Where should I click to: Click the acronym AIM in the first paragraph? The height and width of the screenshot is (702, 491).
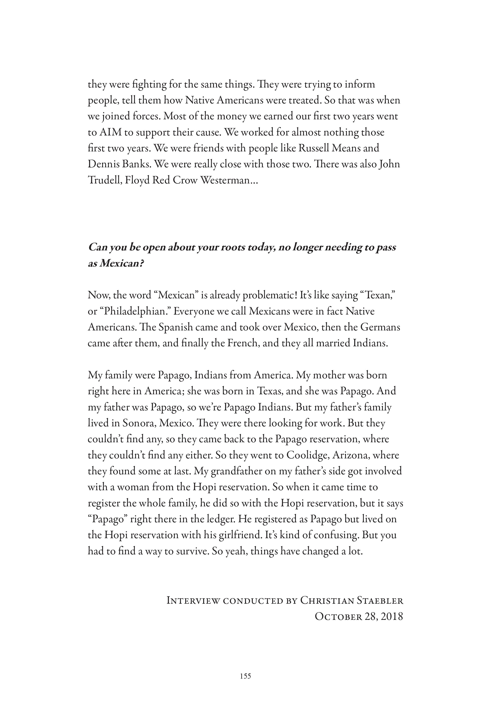pos(109,132)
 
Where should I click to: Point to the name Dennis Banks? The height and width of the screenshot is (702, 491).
pos(119,165)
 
